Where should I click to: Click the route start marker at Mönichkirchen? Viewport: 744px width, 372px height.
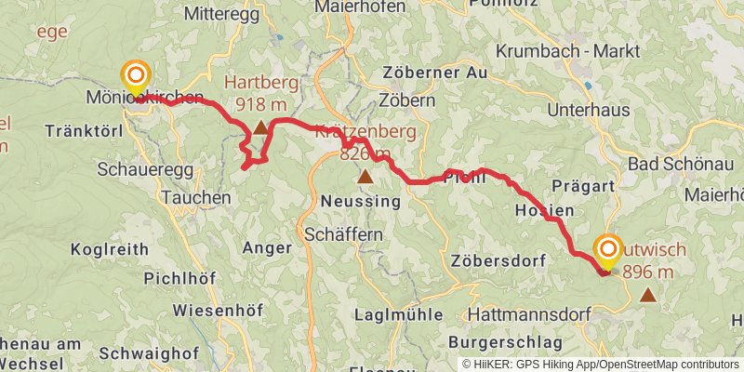coord(136,75)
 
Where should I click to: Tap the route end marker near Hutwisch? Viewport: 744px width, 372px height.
coord(609,249)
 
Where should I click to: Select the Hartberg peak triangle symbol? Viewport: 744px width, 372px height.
coord(260,126)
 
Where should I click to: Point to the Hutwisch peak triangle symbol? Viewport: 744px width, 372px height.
coord(647,295)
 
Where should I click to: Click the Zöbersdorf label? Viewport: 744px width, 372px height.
coord(498,260)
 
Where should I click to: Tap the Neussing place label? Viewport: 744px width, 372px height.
coord(360,201)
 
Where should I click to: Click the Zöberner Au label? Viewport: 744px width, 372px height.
coord(433,72)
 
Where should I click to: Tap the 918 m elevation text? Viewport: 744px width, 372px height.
coord(261,103)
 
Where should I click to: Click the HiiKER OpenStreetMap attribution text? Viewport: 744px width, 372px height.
coord(601,365)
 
